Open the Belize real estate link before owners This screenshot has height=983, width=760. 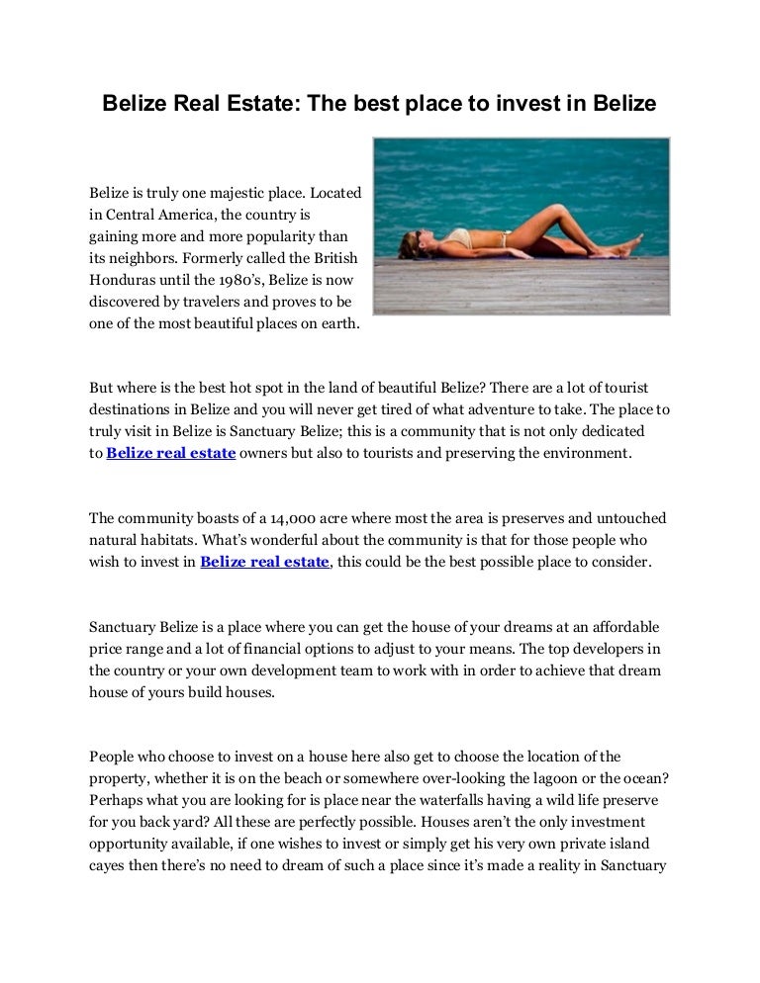170,453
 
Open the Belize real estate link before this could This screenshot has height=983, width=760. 264,562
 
